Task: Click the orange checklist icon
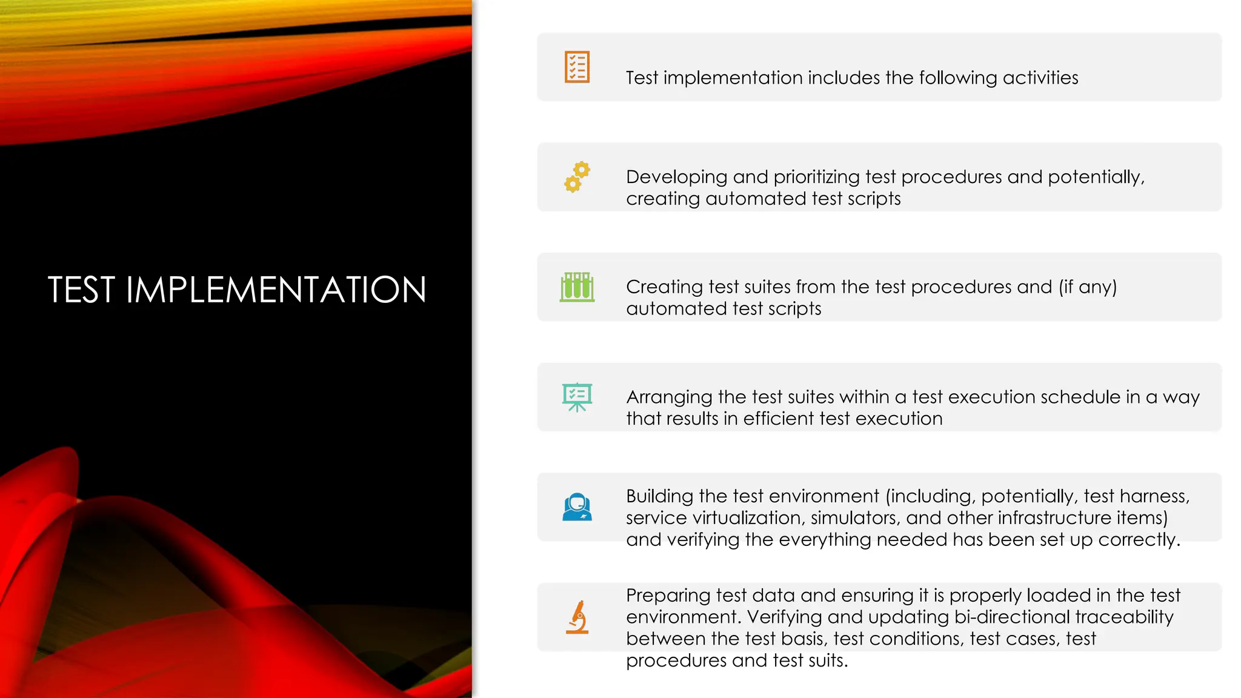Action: (x=577, y=67)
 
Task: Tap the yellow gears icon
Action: (x=577, y=177)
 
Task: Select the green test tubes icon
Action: (x=577, y=287)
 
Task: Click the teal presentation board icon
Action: (x=577, y=397)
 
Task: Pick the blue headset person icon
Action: (x=577, y=507)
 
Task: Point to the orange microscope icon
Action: (x=577, y=617)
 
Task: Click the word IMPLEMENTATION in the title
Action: (x=276, y=290)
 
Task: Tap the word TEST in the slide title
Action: (x=81, y=290)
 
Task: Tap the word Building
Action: (x=659, y=496)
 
